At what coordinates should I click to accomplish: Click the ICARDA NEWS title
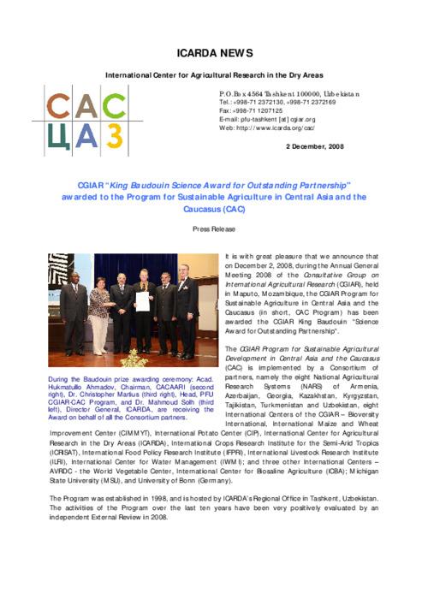point(214,53)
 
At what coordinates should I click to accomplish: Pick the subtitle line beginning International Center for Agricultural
point(214,76)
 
